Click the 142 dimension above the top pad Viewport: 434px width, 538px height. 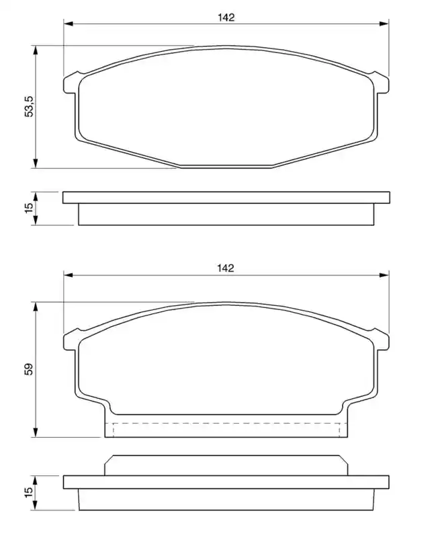coord(226,17)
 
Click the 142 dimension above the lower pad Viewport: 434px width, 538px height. coord(225,268)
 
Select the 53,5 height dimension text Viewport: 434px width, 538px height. coord(29,106)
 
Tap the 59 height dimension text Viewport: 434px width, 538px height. coord(29,369)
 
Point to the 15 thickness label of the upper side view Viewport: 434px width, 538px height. coord(29,208)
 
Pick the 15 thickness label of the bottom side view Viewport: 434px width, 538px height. coord(29,491)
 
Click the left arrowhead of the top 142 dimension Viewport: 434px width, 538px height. coord(69,24)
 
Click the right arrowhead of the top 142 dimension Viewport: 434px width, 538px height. coord(384,24)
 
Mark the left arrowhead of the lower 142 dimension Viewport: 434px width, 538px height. coord(69,275)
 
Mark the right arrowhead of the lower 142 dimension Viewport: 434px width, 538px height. coord(384,275)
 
